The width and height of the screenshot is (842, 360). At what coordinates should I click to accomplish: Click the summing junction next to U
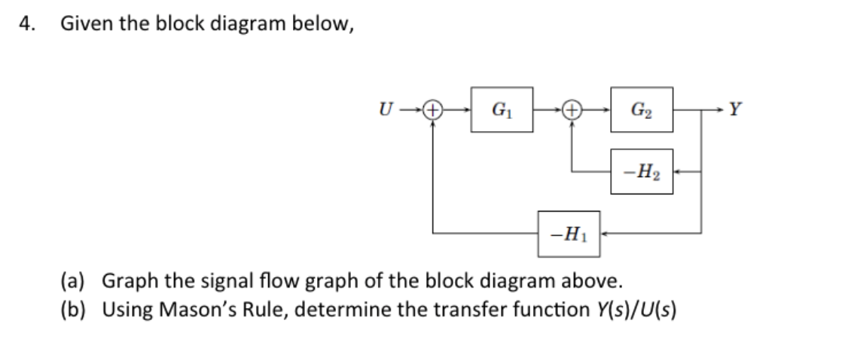point(432,109)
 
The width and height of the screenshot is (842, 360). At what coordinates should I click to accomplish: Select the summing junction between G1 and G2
point(573,109)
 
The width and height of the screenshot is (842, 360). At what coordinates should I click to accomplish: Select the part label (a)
point(73,282)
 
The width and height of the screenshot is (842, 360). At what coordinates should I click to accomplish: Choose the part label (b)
point(73,309)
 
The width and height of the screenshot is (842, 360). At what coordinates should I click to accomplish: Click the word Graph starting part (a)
point(124,282)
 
